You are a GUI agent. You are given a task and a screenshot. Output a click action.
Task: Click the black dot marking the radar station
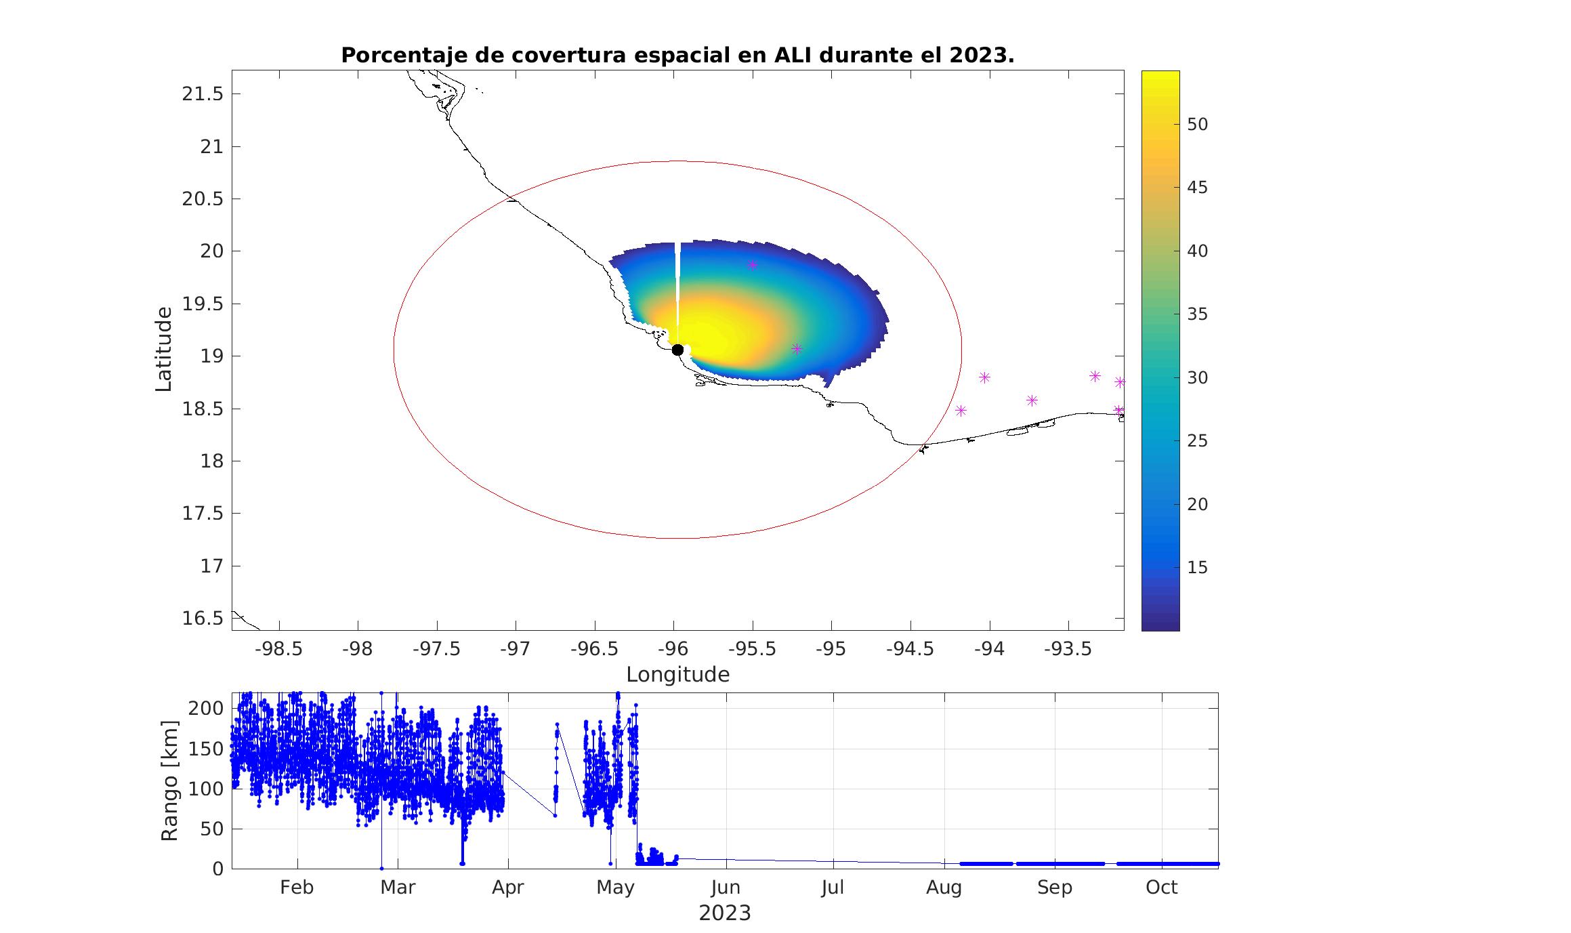click(677, 350)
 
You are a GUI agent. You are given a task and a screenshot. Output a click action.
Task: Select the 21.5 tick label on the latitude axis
click(203, 94)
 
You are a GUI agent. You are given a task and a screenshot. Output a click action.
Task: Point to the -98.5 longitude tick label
click(278, 649)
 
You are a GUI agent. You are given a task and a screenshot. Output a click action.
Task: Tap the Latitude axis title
click(163, 349)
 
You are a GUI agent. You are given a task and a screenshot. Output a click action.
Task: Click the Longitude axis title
click(678, 675)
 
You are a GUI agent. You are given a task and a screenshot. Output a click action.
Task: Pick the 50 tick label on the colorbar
click(1198, 125)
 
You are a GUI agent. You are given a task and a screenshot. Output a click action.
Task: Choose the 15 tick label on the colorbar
click(1198, 568)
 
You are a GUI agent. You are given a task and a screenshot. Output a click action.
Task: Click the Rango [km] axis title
click(169, 781)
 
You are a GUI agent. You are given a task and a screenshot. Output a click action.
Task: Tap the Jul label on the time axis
click(833, 888)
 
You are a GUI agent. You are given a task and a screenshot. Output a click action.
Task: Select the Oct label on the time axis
click(1162, 888)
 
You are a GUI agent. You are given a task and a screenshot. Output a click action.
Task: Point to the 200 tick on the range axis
click(207, 709)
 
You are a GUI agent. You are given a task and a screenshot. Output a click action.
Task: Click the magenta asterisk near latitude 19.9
click(752, 265)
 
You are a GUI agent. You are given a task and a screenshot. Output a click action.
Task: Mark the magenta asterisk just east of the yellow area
click(797, 349)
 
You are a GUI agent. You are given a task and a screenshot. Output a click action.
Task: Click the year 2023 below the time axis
click(725, 913)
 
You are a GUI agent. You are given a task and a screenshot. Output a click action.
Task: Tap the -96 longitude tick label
click(673, 649)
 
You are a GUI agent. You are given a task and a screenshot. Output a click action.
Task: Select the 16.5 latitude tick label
click(203, 619)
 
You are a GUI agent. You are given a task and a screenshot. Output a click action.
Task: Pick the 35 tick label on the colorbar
click(1198, 314)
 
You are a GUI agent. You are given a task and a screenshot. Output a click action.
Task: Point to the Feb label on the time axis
click(297, 888)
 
